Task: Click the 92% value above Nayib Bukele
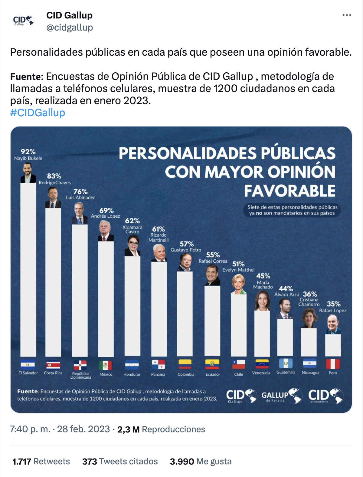point(28,152)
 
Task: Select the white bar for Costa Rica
point(53,281)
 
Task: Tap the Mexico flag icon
point(105,365)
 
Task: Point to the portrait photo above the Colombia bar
point(185,263)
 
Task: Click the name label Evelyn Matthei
point(238,270)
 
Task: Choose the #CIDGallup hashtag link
point(38,113)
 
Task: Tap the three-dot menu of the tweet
point(347,15)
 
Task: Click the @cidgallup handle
point(70,28)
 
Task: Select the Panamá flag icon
point(158,364)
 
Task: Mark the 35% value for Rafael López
point(334,304)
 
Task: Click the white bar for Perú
point(333,345)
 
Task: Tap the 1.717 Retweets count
point(41,461)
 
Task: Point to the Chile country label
point(239,374)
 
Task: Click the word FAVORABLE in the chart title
point(289,191)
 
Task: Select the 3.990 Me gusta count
point(201,461)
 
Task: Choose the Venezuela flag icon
point(262,364)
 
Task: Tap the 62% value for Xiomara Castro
point(132,221)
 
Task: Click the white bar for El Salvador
point(28,269)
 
